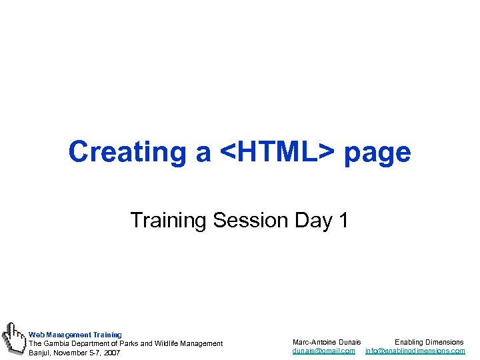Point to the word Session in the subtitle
(x=250, y=219)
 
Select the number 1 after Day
(x=343, y=219)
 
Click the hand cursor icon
(x=13, y=338)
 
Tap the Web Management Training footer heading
(x=75, y=334)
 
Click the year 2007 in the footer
(x=111, y=353)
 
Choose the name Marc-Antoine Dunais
(x=327, y=342)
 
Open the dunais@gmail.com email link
(x=324, y=351)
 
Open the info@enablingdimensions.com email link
(x=415, y=351)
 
